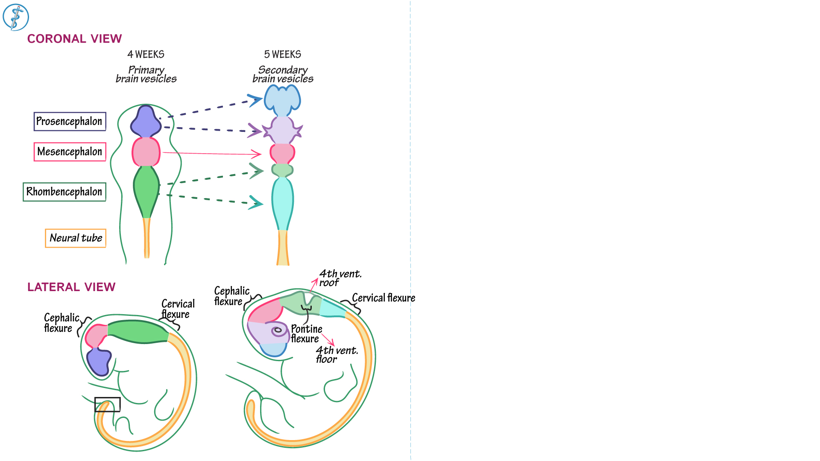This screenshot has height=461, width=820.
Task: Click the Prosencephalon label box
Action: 70,122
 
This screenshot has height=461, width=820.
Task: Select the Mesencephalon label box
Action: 70,152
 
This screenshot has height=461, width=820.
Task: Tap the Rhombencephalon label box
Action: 64,192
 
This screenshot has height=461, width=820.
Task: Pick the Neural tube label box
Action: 76,238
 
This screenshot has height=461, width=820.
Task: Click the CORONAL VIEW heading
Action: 74,39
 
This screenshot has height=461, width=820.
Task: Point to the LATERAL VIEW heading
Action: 71,287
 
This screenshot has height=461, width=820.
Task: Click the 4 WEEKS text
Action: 146,55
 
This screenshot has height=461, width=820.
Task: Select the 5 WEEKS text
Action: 282,55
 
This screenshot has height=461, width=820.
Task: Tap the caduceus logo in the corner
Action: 15,17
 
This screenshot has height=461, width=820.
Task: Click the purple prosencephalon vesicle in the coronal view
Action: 146,122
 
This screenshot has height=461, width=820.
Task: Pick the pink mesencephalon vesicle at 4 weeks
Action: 146,152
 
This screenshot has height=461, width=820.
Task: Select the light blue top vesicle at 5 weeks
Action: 282,99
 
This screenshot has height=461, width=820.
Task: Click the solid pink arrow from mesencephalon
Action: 211,153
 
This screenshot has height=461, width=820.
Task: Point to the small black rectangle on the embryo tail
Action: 107,404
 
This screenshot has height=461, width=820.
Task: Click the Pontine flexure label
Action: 306,334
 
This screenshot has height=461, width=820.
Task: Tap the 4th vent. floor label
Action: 337,355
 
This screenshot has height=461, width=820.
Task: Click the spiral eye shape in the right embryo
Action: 278,330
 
